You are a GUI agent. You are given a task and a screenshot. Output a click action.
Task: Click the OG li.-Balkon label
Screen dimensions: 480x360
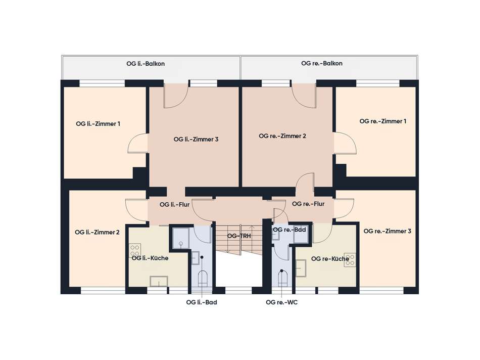click(146, 64)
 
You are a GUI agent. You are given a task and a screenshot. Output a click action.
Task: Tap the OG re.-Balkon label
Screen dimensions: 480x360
click(322, 63)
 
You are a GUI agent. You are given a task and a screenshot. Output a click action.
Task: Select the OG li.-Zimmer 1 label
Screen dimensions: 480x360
click(98, 124)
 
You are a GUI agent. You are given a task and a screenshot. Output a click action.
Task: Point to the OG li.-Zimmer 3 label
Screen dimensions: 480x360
click(196, 139)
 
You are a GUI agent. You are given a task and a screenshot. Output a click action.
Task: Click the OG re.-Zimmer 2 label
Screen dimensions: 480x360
click(282, 136)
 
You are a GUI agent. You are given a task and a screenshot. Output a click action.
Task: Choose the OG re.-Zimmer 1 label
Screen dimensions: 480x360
click(383, 121)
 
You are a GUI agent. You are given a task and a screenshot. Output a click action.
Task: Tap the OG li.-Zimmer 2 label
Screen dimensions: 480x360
click(97, 232)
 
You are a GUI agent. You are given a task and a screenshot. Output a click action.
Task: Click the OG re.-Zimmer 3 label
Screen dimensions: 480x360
click(387, 231)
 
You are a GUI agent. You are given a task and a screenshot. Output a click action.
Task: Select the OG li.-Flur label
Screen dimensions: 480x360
click(174, 204)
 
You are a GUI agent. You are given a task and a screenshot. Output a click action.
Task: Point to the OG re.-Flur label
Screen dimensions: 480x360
click(308, 204)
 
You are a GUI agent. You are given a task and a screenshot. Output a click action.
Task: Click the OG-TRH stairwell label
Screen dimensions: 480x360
click(239, 236)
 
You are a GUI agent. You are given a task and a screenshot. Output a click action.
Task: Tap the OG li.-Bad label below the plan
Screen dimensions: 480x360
click(202, 302)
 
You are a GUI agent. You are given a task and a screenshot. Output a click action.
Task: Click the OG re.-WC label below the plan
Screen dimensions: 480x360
click(281, 302)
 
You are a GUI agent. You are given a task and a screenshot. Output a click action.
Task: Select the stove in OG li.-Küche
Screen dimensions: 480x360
click(135, 250)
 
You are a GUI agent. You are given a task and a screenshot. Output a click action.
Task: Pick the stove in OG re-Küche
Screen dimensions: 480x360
click(350, 260)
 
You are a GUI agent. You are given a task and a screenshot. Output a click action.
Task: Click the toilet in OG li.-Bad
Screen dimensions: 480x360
click(203, 279)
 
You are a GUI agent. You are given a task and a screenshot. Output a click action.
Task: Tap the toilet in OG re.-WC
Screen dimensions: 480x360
click(283, 279)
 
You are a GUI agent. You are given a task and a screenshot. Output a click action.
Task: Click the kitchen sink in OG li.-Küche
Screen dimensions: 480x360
click(159, 282)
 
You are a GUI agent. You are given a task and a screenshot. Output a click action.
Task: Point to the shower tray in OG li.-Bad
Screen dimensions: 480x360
click(181, 238)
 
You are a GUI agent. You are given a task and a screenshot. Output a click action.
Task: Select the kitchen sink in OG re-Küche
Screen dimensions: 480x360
click(301, 268)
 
